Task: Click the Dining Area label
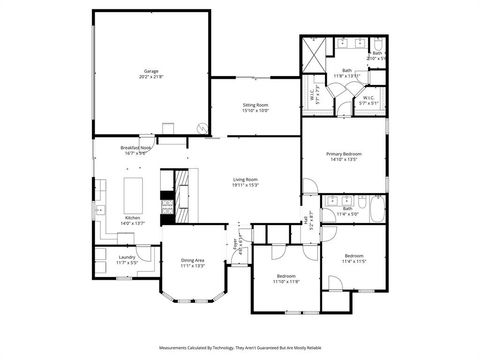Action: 192,262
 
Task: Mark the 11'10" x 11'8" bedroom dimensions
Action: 287,282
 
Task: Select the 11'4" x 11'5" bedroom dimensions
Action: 354,260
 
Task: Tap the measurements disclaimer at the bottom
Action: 240,347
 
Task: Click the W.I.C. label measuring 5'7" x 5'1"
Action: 369,98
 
